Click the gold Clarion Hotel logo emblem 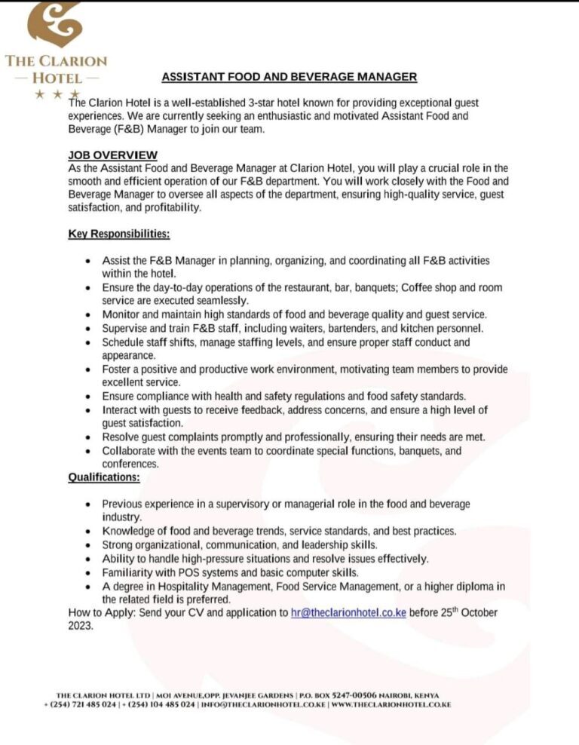54,24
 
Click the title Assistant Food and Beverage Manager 289,76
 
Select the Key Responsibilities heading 118,234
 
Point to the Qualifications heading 104,477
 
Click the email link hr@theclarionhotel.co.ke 348,612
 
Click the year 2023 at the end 80,625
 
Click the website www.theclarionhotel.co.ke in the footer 391,704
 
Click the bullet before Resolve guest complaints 88,437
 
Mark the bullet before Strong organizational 88,545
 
